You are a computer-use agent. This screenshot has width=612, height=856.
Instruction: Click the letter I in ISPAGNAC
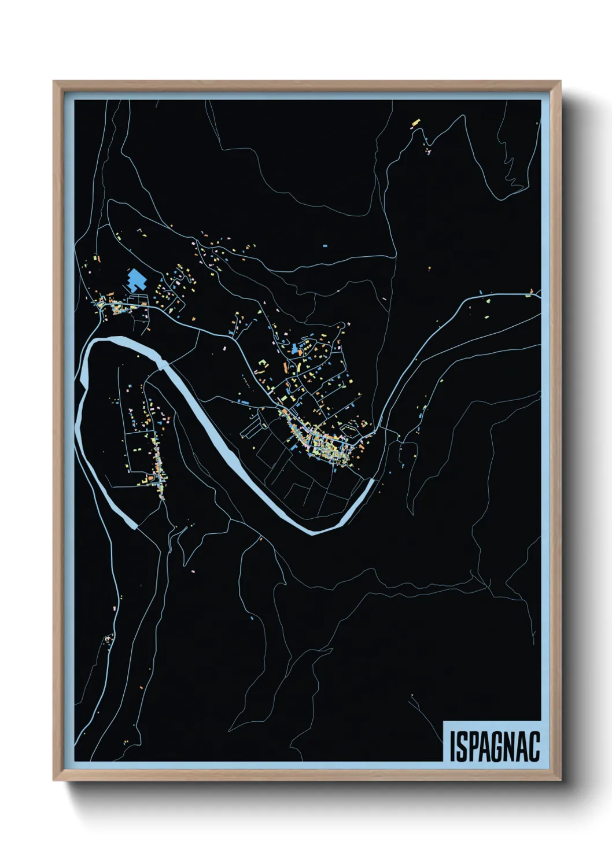click(x=452, y=747)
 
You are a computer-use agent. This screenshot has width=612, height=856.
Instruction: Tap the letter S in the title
click(x=462, y=747)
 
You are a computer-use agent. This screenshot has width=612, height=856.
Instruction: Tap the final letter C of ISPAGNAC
click(x=533, y=747)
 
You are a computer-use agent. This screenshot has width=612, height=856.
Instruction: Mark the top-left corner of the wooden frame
click(x=54, y=82)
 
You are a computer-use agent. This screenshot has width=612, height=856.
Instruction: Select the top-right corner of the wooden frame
click(x=559, y=82)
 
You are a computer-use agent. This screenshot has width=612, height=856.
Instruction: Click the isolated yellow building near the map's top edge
click(x=415, y=123)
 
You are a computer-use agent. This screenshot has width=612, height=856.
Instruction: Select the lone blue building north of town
click(x=325, y=246)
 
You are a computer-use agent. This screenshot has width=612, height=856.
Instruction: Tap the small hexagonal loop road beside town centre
click(x=349, y=429)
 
